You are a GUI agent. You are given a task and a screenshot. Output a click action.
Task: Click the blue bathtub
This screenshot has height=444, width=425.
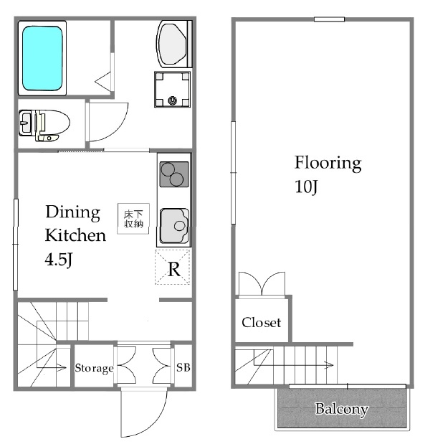pyautogui.click(x=42, y=58)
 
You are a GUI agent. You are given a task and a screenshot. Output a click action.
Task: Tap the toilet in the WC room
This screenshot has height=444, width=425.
pyautogui.click(x=44, y=125)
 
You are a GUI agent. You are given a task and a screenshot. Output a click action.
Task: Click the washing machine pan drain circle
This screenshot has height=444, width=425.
pyautogui.click(x=172, y=100)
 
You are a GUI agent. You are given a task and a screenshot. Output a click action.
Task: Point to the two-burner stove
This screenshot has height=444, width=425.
pyautogui.click(x=174, y=174)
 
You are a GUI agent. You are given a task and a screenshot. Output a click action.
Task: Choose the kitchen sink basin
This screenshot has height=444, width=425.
pyautogui.click(x=174, y=226)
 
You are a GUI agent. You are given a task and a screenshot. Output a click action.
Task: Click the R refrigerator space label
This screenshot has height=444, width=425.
pyautogui.click(x=173, y=269)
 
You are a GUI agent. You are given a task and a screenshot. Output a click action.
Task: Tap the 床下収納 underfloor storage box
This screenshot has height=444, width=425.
pyautogui.click(x=133, y=218)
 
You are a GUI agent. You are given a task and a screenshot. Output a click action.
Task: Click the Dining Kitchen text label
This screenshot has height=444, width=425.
pyautogui.click(x=75, y=223)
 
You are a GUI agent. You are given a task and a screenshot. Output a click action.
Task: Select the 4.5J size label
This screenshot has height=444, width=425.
pyautogui.click(x=59, y=260)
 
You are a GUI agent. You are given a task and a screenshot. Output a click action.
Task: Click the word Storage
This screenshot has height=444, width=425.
pyautogui.click(x=94, y=368)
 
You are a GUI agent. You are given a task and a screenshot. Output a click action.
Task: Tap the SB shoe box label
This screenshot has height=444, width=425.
pyautogui.click(x=183, y=367)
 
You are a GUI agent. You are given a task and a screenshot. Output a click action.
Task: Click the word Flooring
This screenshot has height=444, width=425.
pyautogui.click(x=328, y=163)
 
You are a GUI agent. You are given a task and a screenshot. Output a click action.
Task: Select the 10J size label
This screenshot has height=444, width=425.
pyautogui.click(x=306, y=186)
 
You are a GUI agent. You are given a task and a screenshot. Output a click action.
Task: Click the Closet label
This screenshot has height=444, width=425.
pyautogui.click(x=261, y=322)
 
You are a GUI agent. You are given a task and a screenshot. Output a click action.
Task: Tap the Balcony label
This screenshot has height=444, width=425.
pyautogui.click(x=342, y=409)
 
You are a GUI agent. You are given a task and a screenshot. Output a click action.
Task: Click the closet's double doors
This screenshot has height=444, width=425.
pyautogui.click(x=262, y=284)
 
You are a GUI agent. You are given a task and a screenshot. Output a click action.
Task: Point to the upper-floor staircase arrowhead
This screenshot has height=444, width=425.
pyautogui.click(x=329, y=365)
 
